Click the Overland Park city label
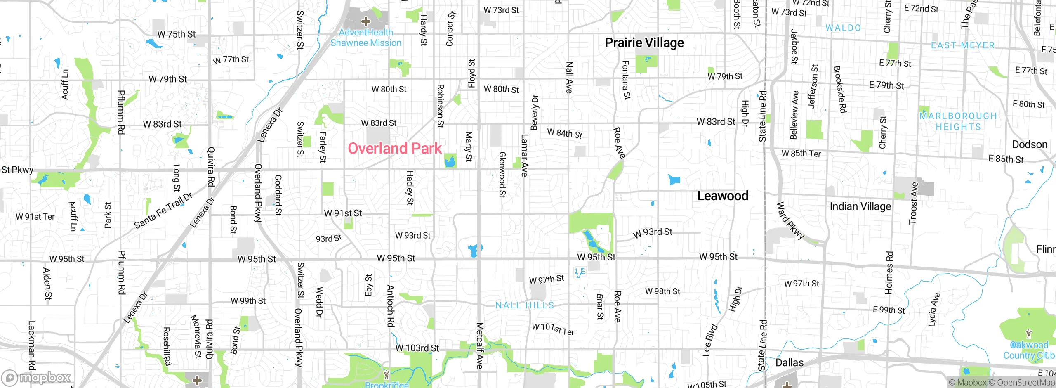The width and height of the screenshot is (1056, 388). (394, 149)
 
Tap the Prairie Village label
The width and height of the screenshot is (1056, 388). (644, 43)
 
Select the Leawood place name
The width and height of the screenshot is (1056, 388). (722, 196)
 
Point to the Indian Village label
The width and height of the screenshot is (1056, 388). (860, 206)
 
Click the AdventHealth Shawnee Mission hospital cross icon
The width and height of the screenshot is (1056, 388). (365, 21)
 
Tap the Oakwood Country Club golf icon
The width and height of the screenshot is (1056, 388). (1028, 334)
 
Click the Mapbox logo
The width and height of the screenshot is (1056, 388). (36, 377)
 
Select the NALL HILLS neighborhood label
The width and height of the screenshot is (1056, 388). (525, 305)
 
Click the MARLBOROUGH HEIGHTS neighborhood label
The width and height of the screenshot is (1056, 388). (958, 121)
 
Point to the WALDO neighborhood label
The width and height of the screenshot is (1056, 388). (843, 28)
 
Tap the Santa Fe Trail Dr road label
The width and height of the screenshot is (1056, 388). (163, 211)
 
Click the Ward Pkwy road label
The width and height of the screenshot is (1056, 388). (790, 220)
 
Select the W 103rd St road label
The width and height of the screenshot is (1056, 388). (417, 348)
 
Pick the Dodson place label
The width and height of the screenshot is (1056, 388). (1030, 144)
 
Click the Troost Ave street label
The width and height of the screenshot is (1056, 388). (913, 203)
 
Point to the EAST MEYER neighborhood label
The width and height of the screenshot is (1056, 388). (962, 45)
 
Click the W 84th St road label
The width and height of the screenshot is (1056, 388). (564, 133)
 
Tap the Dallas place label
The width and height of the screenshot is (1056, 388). (789, 363)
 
